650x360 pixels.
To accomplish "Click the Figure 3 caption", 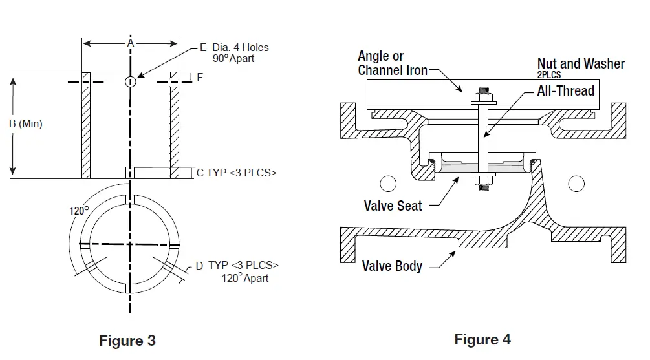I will [x=127, y=341].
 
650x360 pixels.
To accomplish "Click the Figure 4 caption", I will [x=482, y=339].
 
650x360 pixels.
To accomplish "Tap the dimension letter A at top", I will [x=130, y=43].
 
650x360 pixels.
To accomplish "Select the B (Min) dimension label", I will [x=26, y=124].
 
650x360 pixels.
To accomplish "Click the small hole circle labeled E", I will [x=130, y=81].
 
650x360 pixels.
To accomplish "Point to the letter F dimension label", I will [x=200, y=77].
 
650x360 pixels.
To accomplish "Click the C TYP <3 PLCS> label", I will [x=236, y=173].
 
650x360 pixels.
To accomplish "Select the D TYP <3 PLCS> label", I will [x=237, y=266].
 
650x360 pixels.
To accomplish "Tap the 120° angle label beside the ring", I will [x=79, y=210].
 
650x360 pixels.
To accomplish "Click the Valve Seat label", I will [x=393, y=206].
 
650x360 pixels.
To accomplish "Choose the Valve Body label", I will [x=392, y=266].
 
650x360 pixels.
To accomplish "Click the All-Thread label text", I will [x=565, y=91].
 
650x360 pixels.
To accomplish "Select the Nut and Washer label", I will [x=581, y=63].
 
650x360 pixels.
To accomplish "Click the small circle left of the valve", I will [x=388, y=184].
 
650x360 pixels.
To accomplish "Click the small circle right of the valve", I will [x=576, y=184].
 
